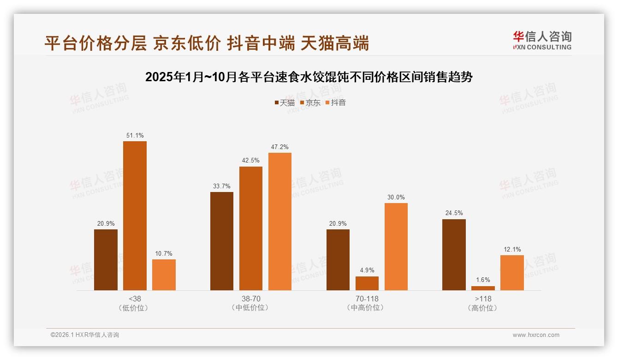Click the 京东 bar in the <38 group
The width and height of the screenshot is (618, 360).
[x=135, y=216]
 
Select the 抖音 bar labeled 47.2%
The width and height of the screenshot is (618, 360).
[x=280, y=222]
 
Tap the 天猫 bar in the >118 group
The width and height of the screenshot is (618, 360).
[x=454, y=255]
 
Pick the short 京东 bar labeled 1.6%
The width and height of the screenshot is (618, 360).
[x=483, y=288]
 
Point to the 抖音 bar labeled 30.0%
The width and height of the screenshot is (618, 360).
[x=396, y=246]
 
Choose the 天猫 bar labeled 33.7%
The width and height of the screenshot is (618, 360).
[x=222, y=241]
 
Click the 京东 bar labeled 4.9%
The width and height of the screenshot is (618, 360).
[x=367, y=283]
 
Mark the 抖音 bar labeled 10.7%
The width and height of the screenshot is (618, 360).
[x=164, y=275]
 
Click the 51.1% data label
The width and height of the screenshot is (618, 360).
[x=135, y=135]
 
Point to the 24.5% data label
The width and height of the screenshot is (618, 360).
[x=454, y=213]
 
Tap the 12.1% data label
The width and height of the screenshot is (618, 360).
[x=512, y=250]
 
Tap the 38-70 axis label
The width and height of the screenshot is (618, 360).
[x=251, y=299]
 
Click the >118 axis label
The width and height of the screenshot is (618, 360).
[x=483, y=299]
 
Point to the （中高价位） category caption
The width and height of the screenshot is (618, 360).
[x=367, y=308]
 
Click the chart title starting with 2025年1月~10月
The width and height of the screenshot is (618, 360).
[x=309, y=77]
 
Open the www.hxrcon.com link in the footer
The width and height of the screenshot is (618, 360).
[x=536, y=335]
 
